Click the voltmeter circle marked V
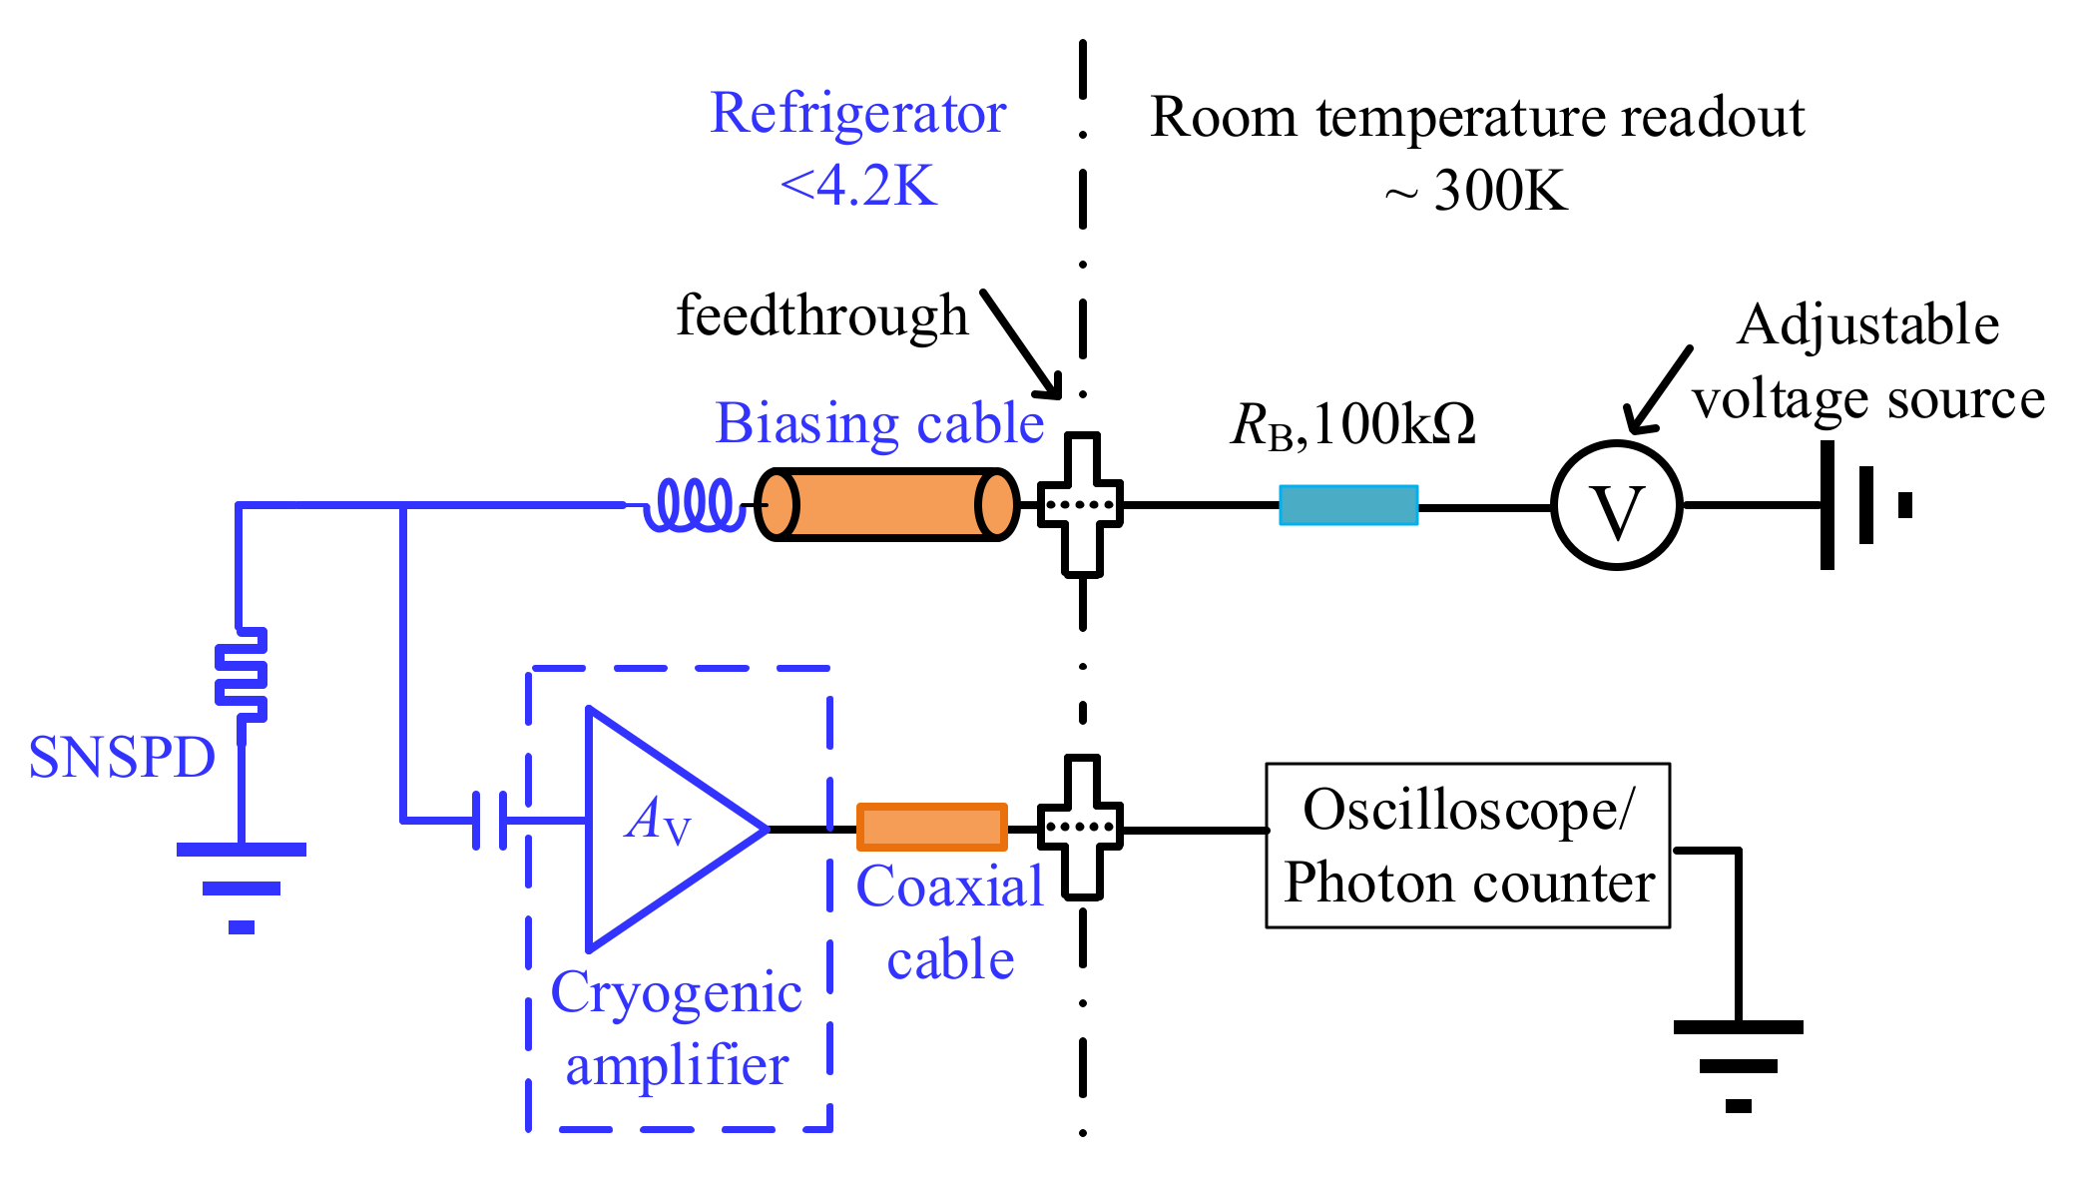(x=1616, y=505)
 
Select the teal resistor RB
(x=1348, y=505)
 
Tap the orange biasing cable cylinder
(x=886, y=505)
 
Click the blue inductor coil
(x=695, y=505)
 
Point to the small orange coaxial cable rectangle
(x=931, y=828)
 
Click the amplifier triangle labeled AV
(x=659, y=828)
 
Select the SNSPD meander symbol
(x=242, y=676)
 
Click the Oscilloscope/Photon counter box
(x=1467, y=847)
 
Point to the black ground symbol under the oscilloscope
(x=1738, y=1064)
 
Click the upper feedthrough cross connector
(x=1081, y=505)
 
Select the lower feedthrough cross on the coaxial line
(x=1081, y=828)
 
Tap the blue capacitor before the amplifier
(x=489, y=821)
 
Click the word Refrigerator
(x=857, y=113)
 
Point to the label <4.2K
(x=857, y=186)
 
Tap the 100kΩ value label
(x=1394, y=425)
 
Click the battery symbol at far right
(x=1861, y=505)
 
